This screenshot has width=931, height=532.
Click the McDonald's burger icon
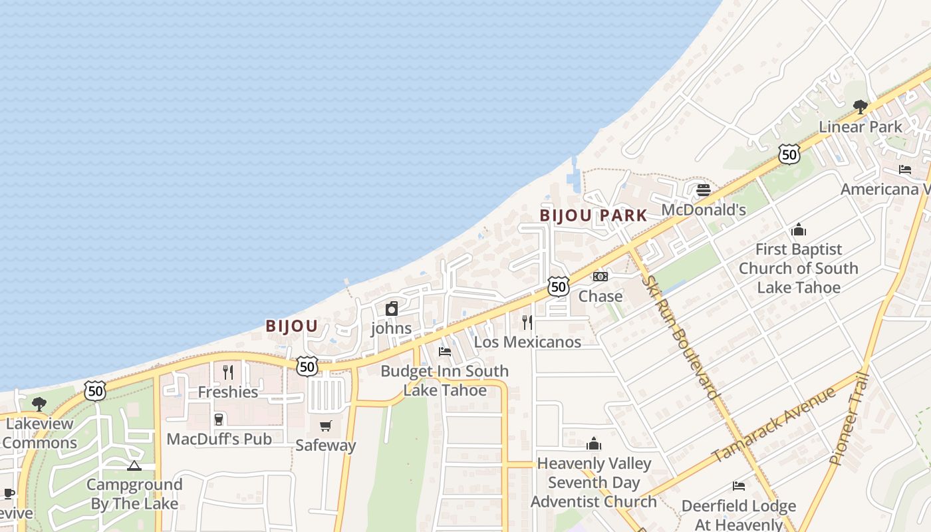(704, 191)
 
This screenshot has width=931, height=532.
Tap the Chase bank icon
(600, 277)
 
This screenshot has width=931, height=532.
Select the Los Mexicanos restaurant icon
(527, 323)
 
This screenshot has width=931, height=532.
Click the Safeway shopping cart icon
(325, 426)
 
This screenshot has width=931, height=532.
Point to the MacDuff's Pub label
(219, 439)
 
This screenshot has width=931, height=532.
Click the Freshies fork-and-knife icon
(228, 372)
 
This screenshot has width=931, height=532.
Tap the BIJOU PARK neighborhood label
(593, 215)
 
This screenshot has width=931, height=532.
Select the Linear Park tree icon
(861, 106)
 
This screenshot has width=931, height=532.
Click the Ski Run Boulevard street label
(682, 337)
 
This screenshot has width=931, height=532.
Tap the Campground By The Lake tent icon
(134, 465)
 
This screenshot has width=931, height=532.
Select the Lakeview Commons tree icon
(39, 404)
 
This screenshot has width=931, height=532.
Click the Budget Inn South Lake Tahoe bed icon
(445, 351)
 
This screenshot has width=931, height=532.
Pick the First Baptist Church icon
(799, 230)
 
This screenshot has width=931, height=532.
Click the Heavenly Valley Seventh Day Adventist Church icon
(593, 444)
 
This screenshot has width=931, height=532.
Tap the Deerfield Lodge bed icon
(738, 486)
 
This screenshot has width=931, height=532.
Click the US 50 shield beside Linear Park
(789, 154)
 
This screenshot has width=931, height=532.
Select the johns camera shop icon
(392, 309)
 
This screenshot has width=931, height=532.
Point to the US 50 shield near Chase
(559, 287)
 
